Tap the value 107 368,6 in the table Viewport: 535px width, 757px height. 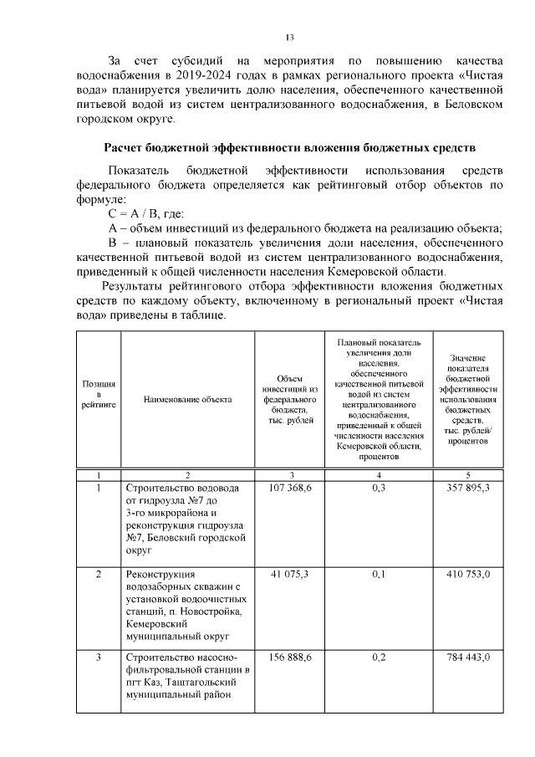click(x=291, y=488)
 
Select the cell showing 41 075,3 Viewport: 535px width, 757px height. click(x=291, y=575)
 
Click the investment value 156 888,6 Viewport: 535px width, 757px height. click(x=291, y=657)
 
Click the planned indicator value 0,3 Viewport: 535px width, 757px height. click(x=379, y=488)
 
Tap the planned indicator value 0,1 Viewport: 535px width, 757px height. click(x=379, y=575)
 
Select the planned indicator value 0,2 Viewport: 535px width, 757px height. click(x=379, y=657)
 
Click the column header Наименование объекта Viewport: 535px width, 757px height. click(x=187, y=400)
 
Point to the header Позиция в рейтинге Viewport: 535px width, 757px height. click(x=99, y=393)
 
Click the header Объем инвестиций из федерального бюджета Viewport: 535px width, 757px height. click(x=291, y=400)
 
